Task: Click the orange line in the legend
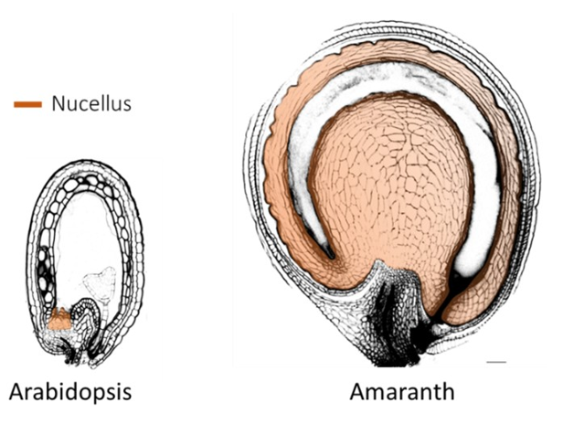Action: [27, 104]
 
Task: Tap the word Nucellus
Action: [91, 103]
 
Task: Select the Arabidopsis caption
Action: [70, 393]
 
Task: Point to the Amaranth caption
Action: [402, 391]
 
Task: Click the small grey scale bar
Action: [497, 362]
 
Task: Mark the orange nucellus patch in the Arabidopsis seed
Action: [60, 319]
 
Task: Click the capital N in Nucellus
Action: [58, 103]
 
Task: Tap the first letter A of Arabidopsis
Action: [16, 391]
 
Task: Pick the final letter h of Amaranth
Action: [448, 391]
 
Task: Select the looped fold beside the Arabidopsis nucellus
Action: [87, 316]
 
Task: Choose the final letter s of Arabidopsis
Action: [127, 394]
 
